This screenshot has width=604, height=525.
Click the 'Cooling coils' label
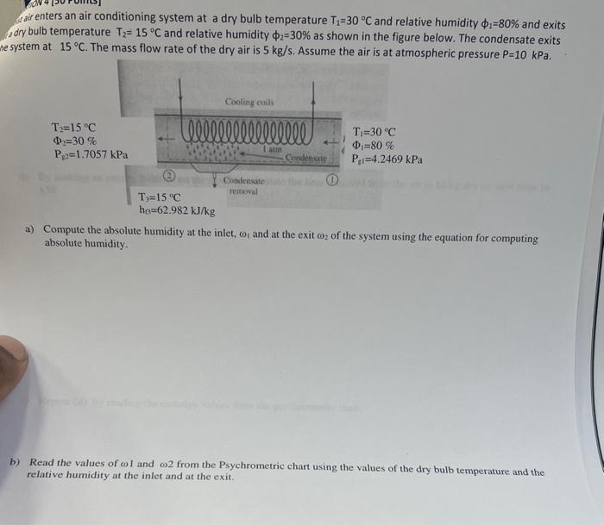click(249, 102)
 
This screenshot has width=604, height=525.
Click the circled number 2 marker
click(170, 175)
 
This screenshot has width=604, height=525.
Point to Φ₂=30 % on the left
click(74, 141)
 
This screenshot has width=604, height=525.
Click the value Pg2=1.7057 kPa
click(91, 155)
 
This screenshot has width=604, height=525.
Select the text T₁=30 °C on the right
click(374, 132)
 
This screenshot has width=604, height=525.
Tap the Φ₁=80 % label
click(373, 146)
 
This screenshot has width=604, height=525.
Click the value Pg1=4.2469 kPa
click(387, 159)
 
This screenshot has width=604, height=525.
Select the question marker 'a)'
click(29, 229)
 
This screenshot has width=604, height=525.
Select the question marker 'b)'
click(15, 461)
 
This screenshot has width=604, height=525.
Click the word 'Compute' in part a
click(67, 230)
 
